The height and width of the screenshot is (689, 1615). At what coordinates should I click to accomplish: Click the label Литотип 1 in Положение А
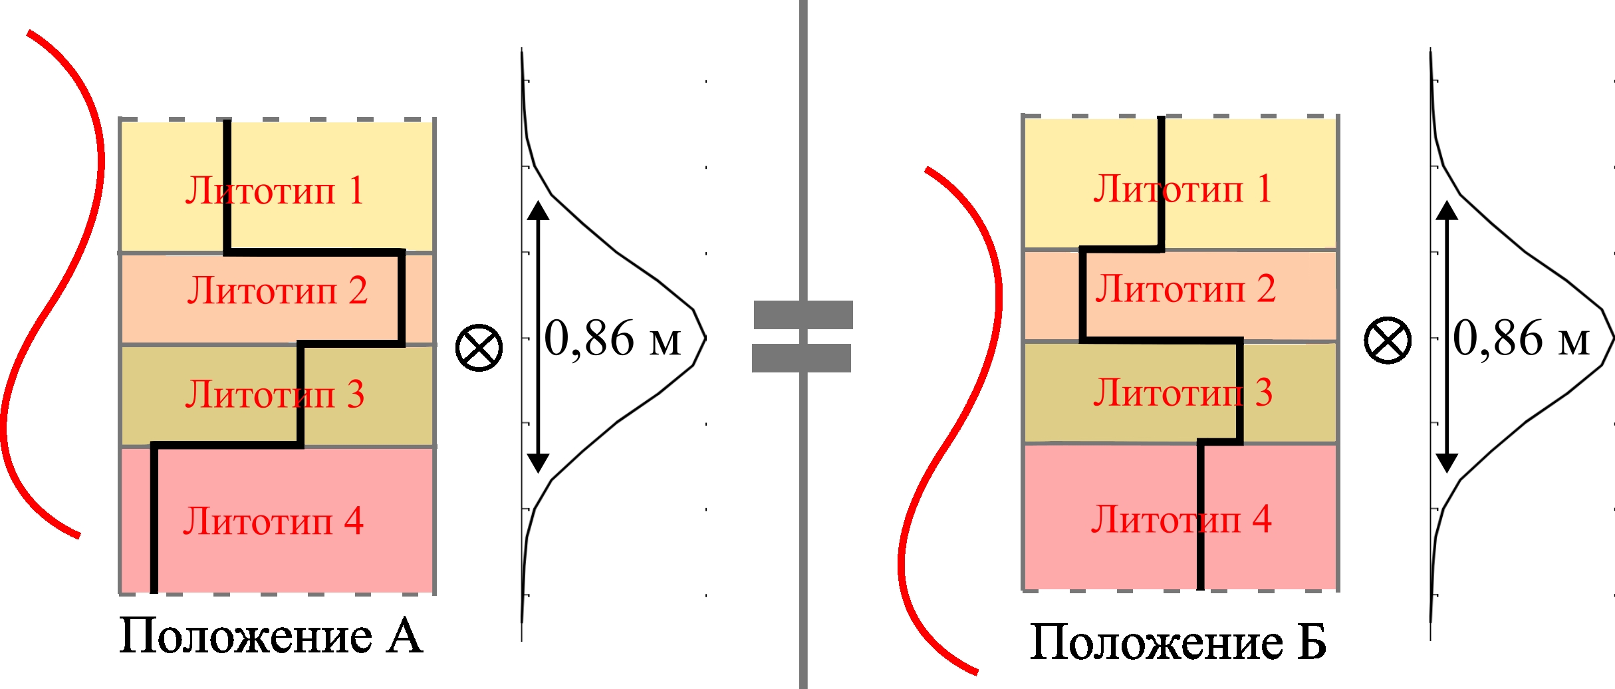pyautogui.click(x=275, y=191)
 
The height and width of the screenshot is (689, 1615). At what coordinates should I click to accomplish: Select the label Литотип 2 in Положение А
pyautogui.click(x=277, y=291)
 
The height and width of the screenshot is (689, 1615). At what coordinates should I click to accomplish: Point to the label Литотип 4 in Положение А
pyautogui.click(x=273, y=521)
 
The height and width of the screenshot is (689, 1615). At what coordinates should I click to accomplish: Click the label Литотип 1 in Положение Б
pyautogui.click(x=1183, y=189)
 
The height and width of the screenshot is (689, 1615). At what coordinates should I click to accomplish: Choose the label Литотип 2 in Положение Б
pyautogui.click(x=1185, y=289)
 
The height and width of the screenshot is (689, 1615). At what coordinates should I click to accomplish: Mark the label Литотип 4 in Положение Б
pyautogui.click(x=1181, y=519)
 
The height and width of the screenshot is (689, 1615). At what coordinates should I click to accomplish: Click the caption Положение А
pyautogui.click(x=271, y=636)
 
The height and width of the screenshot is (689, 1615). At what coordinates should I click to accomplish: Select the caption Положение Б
pyautogui.click(x=1178, y=642)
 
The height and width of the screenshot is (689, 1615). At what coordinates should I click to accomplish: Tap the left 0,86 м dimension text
pyautogui.click(x=613, y=339)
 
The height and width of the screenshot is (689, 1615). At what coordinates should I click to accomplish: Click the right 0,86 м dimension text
pyautogui.click(x=1521, y=339)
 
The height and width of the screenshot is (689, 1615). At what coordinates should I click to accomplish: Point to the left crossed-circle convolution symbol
pyautogui.click(x=479, y=348)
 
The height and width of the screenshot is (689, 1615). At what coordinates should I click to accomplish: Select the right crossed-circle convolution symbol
pyautogui.click(x=1388, y=340)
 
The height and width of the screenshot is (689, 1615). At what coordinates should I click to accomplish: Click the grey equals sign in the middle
pyautogui.click(x=803, y=337)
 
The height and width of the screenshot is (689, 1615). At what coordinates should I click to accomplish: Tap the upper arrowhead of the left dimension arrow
pyautogui.click(x=538, y=209)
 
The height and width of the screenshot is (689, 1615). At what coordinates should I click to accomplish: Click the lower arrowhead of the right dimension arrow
pyautogui.click(x=1447, y=464)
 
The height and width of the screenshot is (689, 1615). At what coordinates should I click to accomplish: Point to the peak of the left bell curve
pyautogui.click(x=705, y=338)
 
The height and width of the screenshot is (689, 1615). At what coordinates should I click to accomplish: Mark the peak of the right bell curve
pyautogui.click(x=1614, y=338)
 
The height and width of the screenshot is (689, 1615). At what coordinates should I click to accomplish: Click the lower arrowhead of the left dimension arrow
pyautogui.click(x=538, y=464)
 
